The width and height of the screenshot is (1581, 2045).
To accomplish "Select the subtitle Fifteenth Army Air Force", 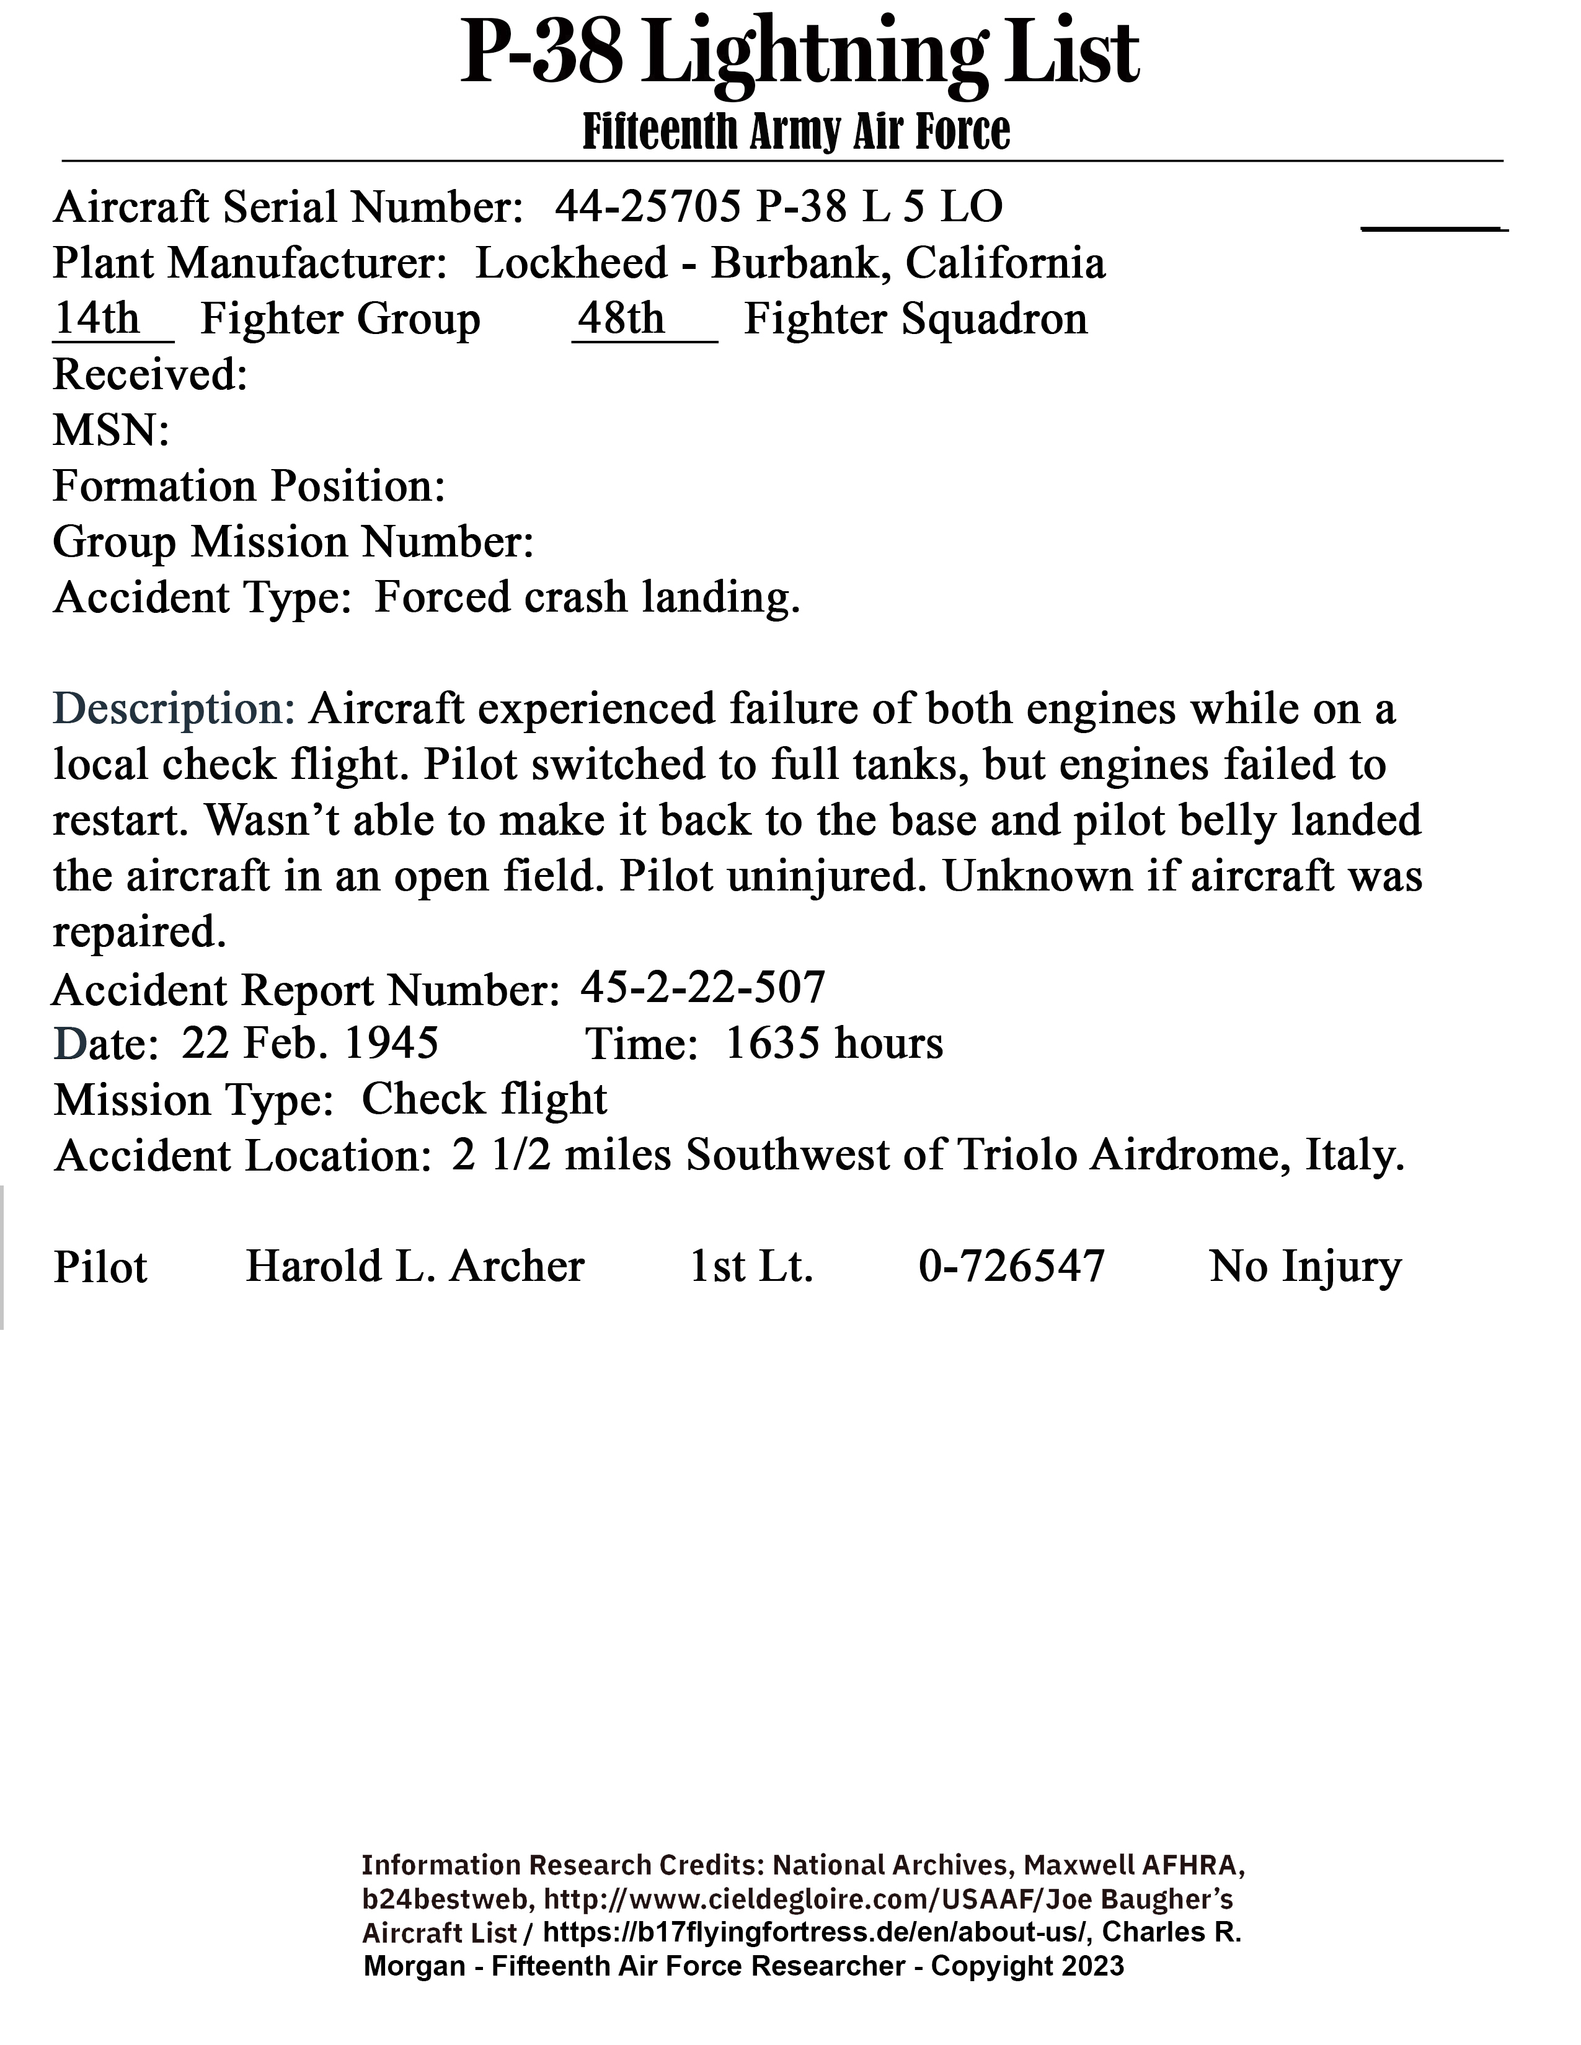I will (796, 132).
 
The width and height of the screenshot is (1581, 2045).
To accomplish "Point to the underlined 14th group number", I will (97, 319).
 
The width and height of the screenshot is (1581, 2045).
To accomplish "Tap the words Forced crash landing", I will (587, 597).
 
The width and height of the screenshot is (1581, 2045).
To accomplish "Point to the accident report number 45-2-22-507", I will (702, 987).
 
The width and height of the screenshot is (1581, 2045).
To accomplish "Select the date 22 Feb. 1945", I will (310, 1043).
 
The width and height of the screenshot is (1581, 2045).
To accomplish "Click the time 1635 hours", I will (833, 1043).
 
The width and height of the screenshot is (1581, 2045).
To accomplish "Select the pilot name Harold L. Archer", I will (415, 1267).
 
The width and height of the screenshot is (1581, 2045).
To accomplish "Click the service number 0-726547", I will (1012, 1267).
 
